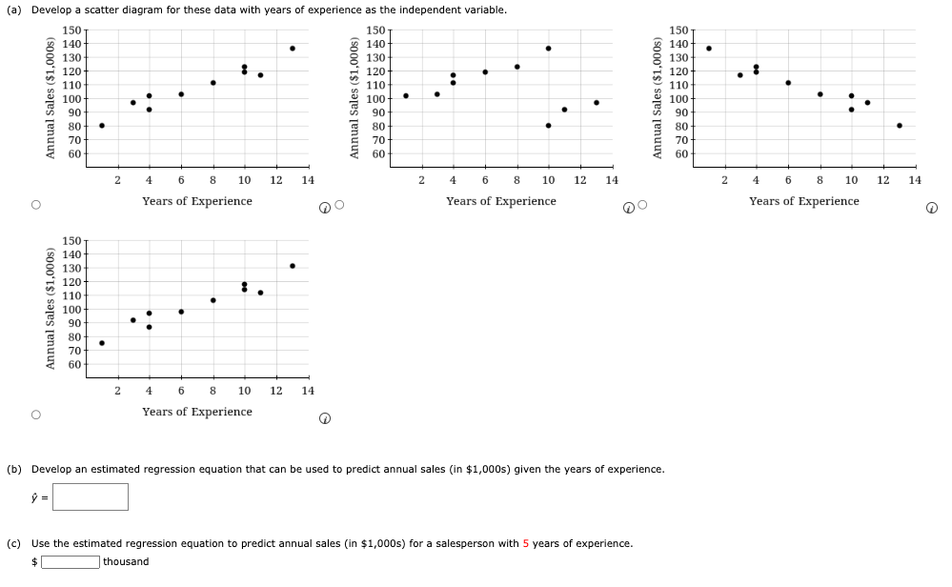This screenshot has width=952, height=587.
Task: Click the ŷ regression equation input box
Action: point(90,496)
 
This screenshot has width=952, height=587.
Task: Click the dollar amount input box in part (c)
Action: point(69,561)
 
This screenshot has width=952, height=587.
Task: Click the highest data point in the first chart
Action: point(293,49)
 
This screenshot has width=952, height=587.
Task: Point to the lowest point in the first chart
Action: point(102,126)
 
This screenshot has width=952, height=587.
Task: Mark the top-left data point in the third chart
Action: point(708,49)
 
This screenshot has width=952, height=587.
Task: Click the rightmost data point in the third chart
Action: point(899,126)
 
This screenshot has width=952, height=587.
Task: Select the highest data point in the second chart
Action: point(548,49)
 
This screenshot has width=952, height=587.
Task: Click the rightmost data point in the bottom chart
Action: point(293,266)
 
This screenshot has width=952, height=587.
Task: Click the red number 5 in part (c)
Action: point(525,543)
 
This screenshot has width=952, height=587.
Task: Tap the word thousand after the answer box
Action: point(126,561)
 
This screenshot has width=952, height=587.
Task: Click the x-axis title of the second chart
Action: point(500,201)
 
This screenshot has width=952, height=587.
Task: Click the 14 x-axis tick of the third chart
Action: point(915,179)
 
